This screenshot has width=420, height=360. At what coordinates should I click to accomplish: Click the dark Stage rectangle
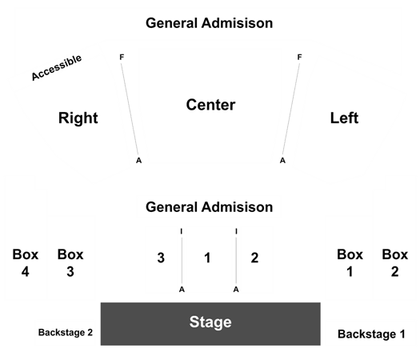210,324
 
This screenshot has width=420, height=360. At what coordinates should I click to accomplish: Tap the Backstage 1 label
371,334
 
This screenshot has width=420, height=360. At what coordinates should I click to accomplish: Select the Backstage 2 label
66,333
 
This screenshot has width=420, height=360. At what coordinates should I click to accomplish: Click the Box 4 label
26,263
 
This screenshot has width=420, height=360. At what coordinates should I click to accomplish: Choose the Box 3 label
70,263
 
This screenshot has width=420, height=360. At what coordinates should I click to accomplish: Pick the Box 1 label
350,263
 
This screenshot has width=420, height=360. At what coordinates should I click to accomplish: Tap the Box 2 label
395,263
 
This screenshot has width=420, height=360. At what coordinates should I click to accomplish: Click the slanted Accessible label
57,67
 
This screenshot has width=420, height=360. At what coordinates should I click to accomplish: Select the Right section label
78,118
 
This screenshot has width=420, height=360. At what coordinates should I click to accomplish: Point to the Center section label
211,105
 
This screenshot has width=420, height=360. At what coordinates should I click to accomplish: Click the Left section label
344,118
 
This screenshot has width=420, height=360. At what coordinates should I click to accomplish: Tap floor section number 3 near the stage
161,258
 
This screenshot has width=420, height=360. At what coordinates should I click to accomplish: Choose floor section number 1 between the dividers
207,258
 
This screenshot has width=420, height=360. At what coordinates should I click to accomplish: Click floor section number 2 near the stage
254,258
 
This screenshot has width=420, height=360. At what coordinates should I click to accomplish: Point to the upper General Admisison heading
209,23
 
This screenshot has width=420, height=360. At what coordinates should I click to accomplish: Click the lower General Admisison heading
209,207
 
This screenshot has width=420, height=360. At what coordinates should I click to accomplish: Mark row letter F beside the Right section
122,57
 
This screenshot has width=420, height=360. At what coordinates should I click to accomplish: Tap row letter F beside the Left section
299,57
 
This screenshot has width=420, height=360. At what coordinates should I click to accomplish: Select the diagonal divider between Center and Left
291,109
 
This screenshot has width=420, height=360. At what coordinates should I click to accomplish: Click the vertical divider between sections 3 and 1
182,260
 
